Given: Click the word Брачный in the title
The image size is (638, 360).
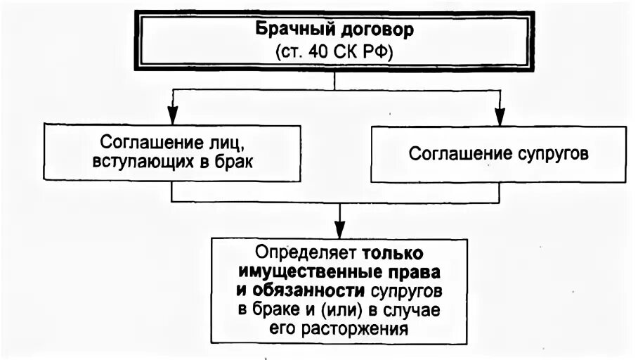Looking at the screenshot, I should (x=286, y=30).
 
